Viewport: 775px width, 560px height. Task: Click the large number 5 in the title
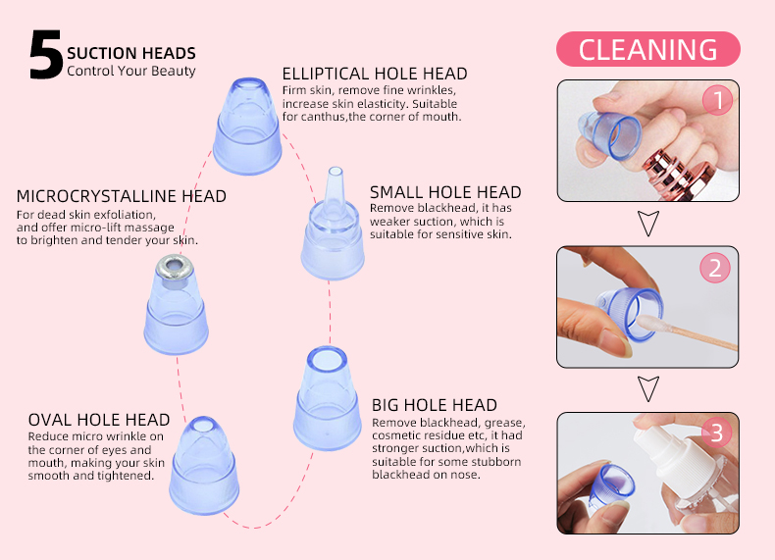pyautogui.click(x=45, y=55)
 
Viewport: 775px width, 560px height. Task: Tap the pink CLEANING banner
pyautogui.click(x=647, y=49)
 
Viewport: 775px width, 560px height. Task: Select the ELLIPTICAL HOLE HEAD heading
pyautogui.click(x=375, y=74)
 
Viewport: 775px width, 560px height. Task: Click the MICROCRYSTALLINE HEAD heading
pyautogui.click(x=122, y=196)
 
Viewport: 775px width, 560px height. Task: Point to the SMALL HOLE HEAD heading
pyautogui.click(x=445, y=192)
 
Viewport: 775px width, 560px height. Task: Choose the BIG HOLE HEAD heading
pyautogui.click(x=435, y=404)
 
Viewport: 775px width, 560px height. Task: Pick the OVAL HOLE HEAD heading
pyautogui.click(x=99, y=420)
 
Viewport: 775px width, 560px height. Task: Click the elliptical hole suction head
pyautogui.click(x=248, y=127)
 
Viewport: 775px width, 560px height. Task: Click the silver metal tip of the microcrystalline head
pyautogui.click(x=177, y=266)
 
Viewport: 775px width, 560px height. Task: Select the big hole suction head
pyautogui.click(x=325, y=402)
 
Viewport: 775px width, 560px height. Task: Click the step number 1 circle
pyautogui.click(x=717, y=99)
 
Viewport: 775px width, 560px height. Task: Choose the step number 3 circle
pyautogui.click(x=717, y=433)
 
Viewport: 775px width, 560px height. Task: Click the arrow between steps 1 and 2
pyautogui.click(x=647, y=223)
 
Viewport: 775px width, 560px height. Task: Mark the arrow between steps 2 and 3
pyautogui.click(x=647, y=388)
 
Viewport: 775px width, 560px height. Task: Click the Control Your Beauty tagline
pyautogui.click(x=131, y=71)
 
